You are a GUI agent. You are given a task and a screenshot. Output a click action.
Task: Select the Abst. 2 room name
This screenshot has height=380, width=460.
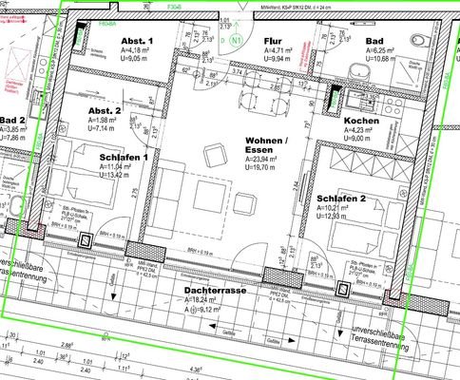point(105,110)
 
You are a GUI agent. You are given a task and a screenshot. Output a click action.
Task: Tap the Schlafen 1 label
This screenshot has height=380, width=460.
point(119,156)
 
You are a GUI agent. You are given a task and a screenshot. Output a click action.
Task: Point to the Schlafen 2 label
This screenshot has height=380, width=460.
point(340,199)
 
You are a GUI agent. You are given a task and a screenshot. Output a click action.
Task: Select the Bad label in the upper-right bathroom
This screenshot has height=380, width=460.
point(374,43)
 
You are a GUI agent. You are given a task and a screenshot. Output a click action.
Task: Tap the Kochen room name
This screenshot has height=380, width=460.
point(362,122)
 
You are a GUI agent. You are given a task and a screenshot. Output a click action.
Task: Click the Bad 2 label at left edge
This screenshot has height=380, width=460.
point(12,120)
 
